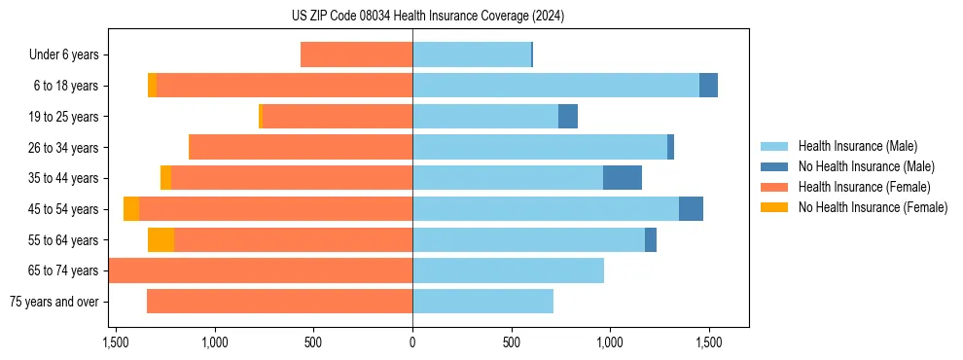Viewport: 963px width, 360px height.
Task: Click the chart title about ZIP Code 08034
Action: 428,17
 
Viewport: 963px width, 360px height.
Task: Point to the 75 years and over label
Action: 54,302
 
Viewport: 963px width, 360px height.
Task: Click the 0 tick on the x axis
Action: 412,342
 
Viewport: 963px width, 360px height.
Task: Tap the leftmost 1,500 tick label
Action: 116,342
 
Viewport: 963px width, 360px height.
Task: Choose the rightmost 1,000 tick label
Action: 610,342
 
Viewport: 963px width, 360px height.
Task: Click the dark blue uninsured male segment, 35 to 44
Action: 623,178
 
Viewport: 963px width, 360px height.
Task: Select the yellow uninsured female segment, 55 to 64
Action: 160,240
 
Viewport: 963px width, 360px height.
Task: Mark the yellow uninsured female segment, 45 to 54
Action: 131,209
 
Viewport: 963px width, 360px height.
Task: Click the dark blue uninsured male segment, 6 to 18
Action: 708,86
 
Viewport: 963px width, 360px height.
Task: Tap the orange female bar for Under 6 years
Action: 356,55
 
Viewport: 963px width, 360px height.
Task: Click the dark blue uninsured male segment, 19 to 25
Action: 568,117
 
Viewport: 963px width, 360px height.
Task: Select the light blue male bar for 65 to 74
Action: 508,270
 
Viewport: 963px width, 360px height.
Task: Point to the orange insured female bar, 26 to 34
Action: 301,148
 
